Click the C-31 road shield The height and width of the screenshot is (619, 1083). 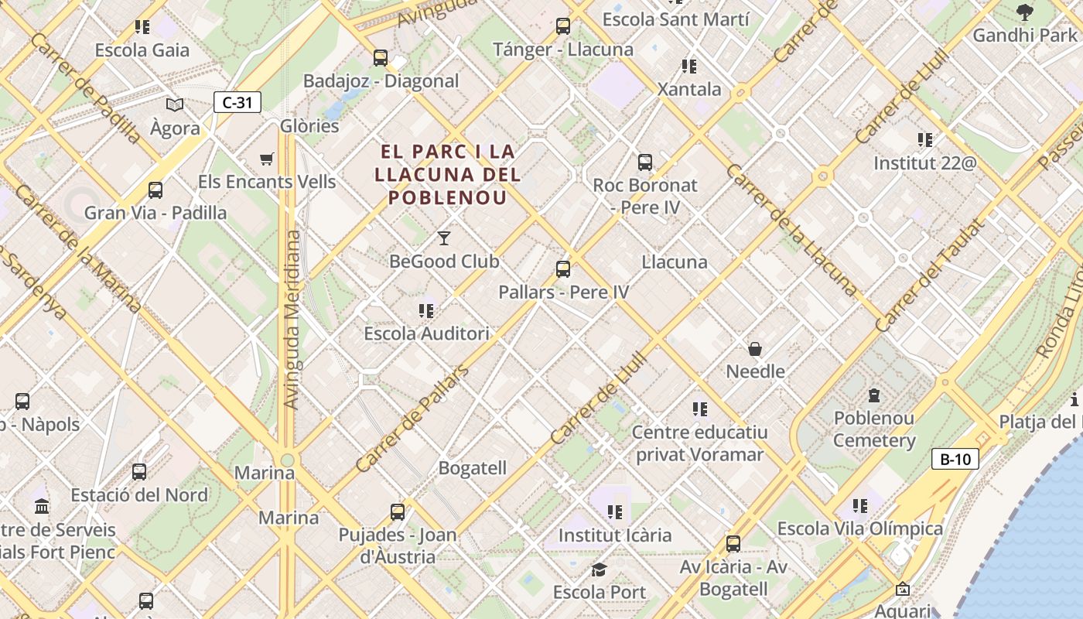pos(237,102)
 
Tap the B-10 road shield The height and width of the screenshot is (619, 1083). pos(955,459)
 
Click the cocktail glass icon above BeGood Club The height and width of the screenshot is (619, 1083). pos(444,238)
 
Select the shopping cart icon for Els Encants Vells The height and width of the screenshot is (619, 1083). pos(267,159)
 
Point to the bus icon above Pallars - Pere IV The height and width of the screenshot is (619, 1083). pos(563,269)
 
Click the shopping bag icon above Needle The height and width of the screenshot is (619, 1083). pos(755,349)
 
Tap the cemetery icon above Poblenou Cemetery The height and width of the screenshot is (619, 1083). pos(874,395)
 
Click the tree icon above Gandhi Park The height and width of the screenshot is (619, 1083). pos(1025,12)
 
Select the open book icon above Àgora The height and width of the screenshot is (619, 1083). pos(176,104)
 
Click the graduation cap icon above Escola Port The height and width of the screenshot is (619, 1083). pos(599,570)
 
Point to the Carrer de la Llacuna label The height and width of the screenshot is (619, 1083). pos(791,230)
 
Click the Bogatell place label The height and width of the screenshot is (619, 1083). pos(473,468)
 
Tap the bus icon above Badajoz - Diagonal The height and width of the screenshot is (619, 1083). pos(381,57)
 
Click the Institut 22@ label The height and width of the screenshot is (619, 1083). pos(924,163)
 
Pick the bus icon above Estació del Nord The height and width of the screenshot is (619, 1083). pos(139,472)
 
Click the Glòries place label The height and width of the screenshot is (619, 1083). pos(309,125)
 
